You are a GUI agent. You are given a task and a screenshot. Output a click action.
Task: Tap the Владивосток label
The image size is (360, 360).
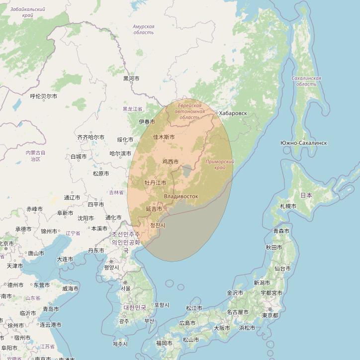pyautogui.click(x=180, y=196)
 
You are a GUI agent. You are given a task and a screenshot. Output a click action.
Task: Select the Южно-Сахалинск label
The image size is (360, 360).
pyautogui.click(x=303, y=143)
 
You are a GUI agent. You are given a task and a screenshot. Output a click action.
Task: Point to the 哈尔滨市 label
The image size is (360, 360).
pyautogui.click(x=120, y=154)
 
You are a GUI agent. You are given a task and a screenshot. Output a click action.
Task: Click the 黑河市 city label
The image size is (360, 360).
pyautogui.click(x=131, y=79)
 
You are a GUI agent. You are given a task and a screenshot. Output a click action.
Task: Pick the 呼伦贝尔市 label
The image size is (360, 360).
pyautogui.click(x=43, y=96)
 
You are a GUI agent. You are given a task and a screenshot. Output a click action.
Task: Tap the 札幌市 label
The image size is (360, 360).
pyautogui.click(x=288, y=206)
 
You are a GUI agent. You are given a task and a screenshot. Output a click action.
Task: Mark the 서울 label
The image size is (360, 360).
pyautogui.click(x=126, y=288)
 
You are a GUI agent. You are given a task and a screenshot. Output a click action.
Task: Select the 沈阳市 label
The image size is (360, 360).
pyautogui.click(x=86, y=218)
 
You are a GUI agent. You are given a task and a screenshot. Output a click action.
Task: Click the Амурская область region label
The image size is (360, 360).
pyautogui.click(x=144, y=29)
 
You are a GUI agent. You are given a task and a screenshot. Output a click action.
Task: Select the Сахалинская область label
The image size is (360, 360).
pyautogui.click(x=306, y=81)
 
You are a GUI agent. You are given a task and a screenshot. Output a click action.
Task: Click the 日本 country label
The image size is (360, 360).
pyautogui.click(x=306, y=195)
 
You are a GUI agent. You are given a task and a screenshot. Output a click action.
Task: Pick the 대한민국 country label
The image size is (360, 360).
pyautogui.click(x=135, y=307)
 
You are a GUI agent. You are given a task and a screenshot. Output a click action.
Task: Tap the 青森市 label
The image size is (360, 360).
pyautogui.click(x=282, y=231)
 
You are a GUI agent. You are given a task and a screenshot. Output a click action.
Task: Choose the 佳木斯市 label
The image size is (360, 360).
pyautogui.click(x=164, y=137)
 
